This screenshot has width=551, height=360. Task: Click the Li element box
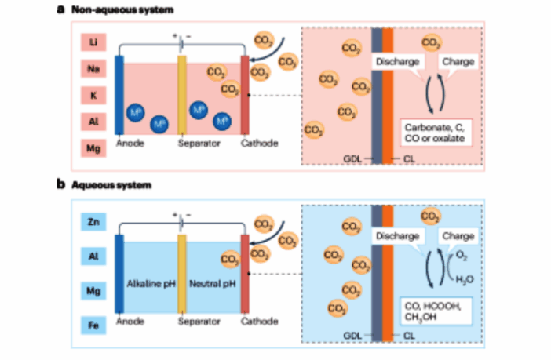pos(93,40)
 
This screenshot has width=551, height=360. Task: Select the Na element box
pos(93,67)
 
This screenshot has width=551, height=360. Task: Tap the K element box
pos(93,94)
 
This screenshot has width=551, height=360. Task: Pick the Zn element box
pos(93,223)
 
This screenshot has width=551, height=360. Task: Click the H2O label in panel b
pos(462,278)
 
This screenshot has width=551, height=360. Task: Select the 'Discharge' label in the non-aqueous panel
pos(396,60)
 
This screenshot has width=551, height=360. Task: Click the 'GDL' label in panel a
pos(352,158)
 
